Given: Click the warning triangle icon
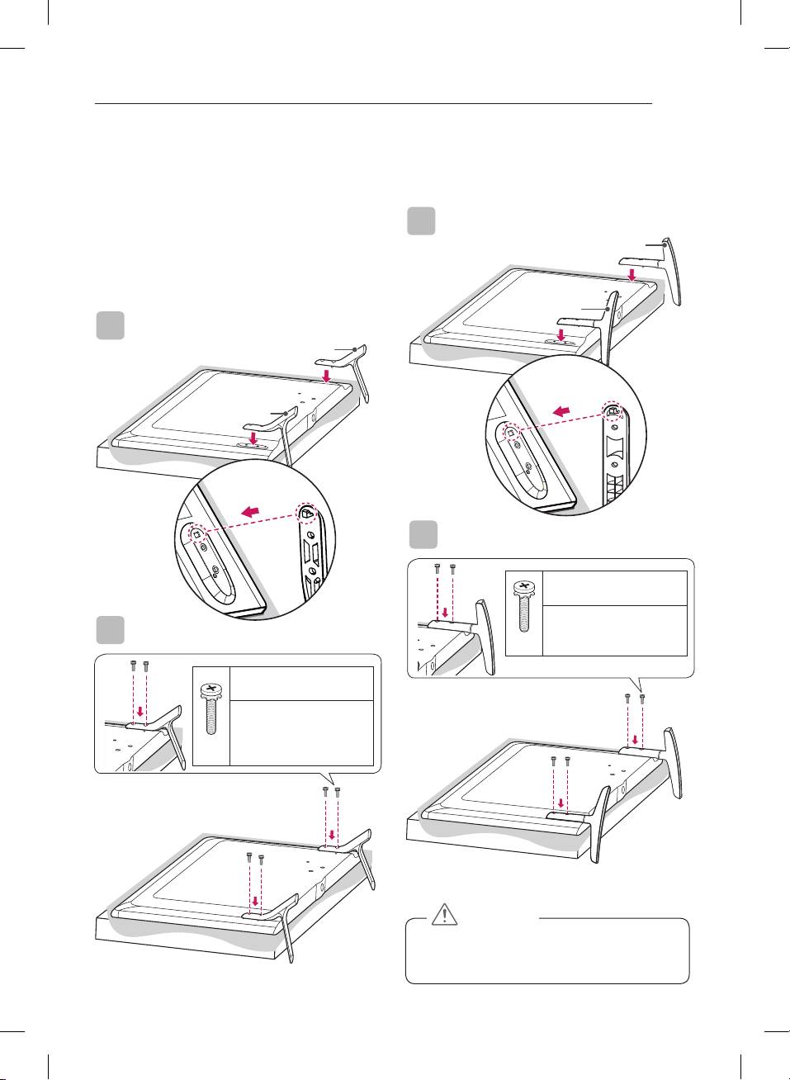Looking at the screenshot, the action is click(x=444, y=914).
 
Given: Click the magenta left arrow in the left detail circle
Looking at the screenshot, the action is click(x=253, y=514).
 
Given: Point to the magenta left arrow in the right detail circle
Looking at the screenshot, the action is click(x=562, y=410).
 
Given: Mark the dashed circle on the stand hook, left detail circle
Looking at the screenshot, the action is click(x=306, y=514).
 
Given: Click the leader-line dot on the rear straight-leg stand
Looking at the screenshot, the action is click(x=354, y=349).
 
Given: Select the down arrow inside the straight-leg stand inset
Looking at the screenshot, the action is click(x=140, y=711).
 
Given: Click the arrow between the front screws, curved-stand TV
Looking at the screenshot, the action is click(x=561, y=802).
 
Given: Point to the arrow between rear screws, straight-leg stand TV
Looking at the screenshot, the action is click(x=332, y=833).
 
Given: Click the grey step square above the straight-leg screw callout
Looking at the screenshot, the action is click(x=111, y=629).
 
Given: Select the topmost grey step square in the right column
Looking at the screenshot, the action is click(x=422, y=221).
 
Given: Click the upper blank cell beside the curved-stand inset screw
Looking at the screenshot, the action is click(x=615, y=588).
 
